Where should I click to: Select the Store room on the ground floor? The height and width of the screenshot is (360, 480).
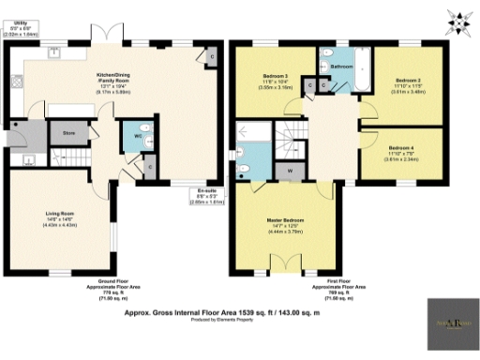[x=68, y=134]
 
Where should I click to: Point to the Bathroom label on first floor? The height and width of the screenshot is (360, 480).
[x=341, y=67]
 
